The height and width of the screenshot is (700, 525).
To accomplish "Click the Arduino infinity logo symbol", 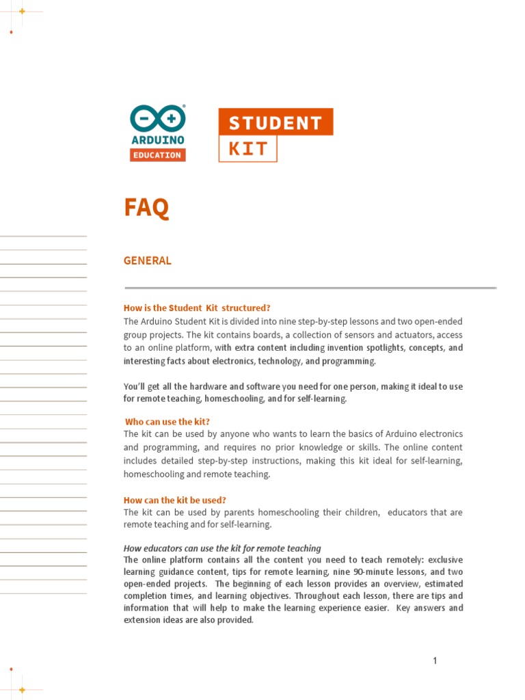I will [157, 118].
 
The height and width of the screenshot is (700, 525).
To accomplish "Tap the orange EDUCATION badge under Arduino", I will [157, 155].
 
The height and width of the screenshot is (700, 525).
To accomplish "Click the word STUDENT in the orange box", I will [275, 123].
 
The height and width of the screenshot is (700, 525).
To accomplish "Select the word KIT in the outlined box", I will [247, 148].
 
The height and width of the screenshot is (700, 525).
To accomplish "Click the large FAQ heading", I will [146, 207].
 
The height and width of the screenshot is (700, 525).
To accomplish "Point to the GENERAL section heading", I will [147, 260].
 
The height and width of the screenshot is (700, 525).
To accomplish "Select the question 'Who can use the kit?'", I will [167, 422].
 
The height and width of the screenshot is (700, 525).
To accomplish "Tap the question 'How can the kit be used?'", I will [174, 500].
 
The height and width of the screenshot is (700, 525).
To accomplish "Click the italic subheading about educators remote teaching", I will [222, 548].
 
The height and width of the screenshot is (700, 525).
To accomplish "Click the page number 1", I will [434, 660].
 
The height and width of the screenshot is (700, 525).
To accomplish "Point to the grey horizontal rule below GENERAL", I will [310, 288].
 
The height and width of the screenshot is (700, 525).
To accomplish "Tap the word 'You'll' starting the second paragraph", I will [135, 386].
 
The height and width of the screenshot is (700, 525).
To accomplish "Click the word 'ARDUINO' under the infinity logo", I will [157, 140].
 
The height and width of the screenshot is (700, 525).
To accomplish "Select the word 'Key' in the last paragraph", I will [403, 608].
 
